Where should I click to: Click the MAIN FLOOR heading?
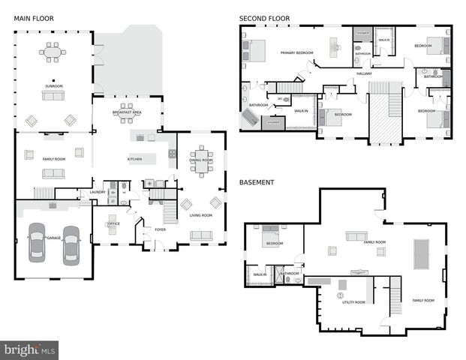(x=33, y=18)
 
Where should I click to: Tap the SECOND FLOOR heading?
(x=264, y=18)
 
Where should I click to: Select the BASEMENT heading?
(x=257, y=182)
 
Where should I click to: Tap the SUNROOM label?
(x=53, y=86)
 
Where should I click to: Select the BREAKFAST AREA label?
(x=128, y=112)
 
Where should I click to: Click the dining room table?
(x=200, y=160)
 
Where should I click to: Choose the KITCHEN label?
(x=134, y=159)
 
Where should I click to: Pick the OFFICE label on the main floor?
(x=114, y=223)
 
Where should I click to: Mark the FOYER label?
(x=160, y=229)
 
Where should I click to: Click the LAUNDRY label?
(x=98, y=192)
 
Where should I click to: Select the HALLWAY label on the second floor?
(x=364, y=73)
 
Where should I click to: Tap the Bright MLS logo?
(x=30, y=350)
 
